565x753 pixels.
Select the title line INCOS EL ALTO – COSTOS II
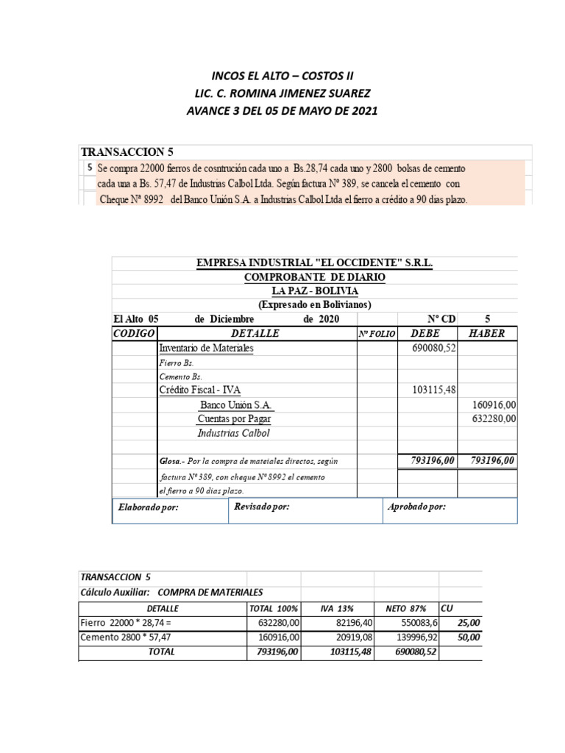[x=282, y=76]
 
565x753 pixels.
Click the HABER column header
[x=486, y=333]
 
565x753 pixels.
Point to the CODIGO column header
[x=134, y=333]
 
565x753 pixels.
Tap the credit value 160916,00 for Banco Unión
[x=494, y=404]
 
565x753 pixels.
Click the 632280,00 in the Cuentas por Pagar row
[x=494, y=418]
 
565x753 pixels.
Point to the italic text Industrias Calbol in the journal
[x=234, y=433]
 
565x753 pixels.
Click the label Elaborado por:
[x=149, y=507]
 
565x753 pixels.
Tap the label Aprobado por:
[x=416, y=507]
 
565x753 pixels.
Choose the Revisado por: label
[x=261, y=507]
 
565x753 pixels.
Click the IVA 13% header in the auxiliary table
[x=338, y=608]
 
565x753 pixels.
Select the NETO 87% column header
[x=406, y=608]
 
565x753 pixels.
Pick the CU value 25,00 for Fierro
[x=469, y=622]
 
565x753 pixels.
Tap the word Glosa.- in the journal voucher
[x=172, y=461]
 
